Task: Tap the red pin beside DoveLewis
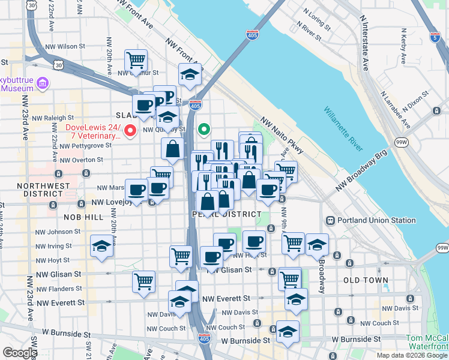pyautogui.click(x=130, y=131)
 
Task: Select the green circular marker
pyautogui.click(x=205, y=128)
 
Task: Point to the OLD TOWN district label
pyautogui.click(x=366, y=280)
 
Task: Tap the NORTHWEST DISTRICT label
pyautogui.click(x=40, y=190)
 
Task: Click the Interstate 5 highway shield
pyautogui.click(x=435, y=37)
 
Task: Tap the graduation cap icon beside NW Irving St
pyautogui.click(x=101, y=246)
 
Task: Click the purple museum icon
pyautogui.click(x=42, y=82)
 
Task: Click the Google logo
pyautogui.click(x=20, y=353)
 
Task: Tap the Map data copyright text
pyautogui.click(x=412, y=355)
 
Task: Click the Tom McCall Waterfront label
pyautogui.click(x=427, y=342)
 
